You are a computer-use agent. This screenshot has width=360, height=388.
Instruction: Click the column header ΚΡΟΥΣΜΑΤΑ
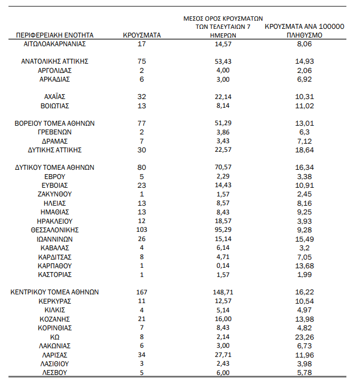(x=142, y=34)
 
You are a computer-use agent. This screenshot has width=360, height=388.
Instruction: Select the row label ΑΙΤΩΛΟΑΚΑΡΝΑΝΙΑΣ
(x=55, y=44)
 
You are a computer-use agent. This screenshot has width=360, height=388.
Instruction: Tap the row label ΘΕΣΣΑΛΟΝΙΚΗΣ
(x=55, y=230)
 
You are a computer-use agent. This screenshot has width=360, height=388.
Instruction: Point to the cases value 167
(x=142, y=292)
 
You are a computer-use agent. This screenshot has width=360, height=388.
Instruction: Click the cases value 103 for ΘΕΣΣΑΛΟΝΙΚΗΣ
(x=142, y=230)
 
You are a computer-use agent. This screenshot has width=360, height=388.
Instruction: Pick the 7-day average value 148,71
(x=223, y=292)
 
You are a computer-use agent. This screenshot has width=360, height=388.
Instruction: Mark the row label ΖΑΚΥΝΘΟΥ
(x=55, y=194)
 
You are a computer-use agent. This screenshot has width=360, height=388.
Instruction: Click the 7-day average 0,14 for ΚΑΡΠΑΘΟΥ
(x=223, y=265)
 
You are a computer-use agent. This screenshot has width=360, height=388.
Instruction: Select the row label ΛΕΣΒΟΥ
(x=55, y=372)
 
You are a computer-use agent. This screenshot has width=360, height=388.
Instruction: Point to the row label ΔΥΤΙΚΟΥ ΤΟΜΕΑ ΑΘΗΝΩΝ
(x=55, y=168)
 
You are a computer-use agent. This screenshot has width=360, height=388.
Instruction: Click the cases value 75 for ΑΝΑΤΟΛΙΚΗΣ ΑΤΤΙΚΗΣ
(x=142, y=61)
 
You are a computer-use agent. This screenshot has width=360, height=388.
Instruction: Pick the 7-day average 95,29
(x=223, y=230)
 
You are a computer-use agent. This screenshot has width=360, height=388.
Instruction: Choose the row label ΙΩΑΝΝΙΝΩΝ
(x=55, y=238)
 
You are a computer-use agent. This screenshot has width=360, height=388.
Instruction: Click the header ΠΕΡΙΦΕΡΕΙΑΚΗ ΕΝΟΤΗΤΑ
(x=55, y=34)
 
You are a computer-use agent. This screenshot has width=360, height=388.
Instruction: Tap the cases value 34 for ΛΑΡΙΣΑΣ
(x=142, y=354)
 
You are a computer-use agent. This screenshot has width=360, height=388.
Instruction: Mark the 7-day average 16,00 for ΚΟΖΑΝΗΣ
(x=223, y=318)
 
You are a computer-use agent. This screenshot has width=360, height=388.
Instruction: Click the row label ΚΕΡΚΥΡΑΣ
(x=55, y=301)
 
